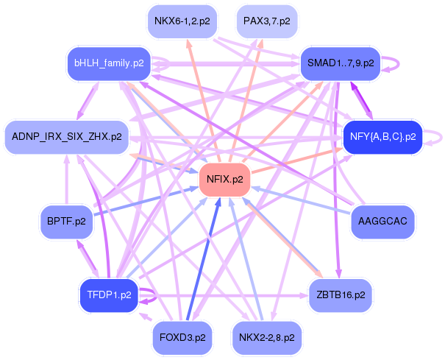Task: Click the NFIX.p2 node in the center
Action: click(225, 180)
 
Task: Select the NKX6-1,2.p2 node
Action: click(182, 21)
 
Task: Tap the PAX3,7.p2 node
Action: click(267, 21)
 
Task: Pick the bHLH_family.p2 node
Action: click(109, 63)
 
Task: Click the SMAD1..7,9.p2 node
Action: click(341, 63)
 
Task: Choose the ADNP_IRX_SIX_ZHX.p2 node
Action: click(67, 137)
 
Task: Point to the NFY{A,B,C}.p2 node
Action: click(383, 137)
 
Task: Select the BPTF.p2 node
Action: click(66, 222)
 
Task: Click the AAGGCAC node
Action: click(382, 222)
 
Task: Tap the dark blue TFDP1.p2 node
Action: click(109, 295)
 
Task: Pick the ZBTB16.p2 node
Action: click(341, 295)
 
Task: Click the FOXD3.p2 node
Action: click(182, 338)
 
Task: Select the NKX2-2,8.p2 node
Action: click(267, 338)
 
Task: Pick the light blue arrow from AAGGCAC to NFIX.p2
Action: click(301, 200)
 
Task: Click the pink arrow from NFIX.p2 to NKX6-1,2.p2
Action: click(202, 101)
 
